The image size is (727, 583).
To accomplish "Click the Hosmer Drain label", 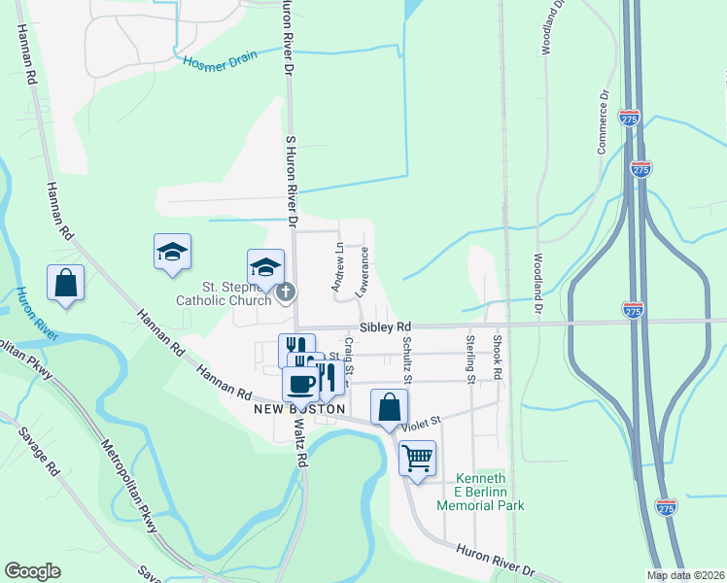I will [221, 58].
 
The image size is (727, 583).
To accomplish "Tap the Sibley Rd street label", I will [385, 327].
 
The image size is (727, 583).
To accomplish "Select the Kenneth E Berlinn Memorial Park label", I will [480, 493].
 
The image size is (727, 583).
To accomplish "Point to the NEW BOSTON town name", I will [298, 409].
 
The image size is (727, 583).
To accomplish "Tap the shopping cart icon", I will [418, 457].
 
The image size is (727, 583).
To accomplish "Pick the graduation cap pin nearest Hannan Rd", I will [172, 252].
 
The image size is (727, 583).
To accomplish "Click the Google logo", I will [32, 571].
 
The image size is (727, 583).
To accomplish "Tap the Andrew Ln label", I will [337, 267].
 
